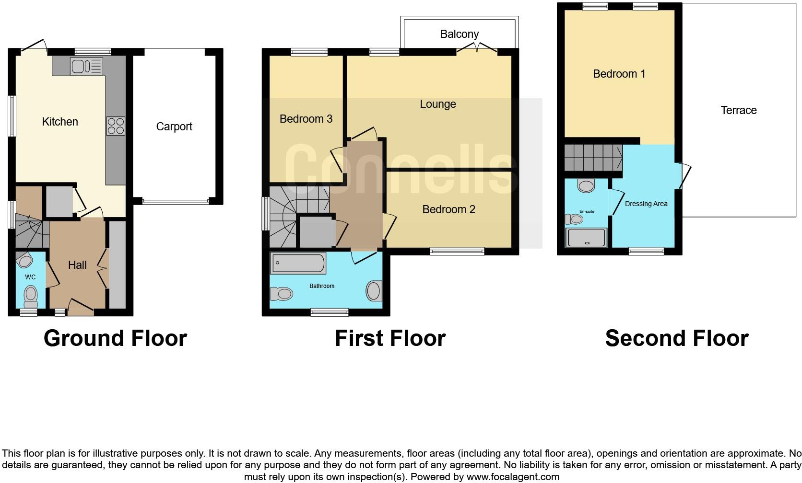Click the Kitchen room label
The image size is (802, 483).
pyautogui.click(x=60, y=122)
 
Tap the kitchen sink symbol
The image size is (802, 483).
pyautogui.click(x=86, y=66)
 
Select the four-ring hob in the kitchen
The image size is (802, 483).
pyautogui.click(x=116, y=126)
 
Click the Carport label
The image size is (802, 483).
pyautogui.click(x=174, y=126)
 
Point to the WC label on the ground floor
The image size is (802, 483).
pyautogui.click(x=30, y=277)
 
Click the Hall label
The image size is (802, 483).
pyautogui.click(x=77, y=265)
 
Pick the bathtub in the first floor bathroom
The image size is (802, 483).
pyautogui.click(x=298, y=264)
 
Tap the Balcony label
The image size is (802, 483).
pyautogui.click(x=460, y=34)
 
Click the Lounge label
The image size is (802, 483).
pyautogui.click(x=437, y=104)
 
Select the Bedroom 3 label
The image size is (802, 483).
pyautogui.click(x=306, y=119)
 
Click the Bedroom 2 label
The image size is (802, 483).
pyautogui.click(x=448, y=209)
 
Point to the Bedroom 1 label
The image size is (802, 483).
pyautogui.click(x=619, y=74)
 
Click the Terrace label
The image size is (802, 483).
pyautogui.click(x=738, y=110)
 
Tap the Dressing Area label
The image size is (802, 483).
pyautogui.click(x=646, y=204)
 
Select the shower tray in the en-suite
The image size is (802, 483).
pyautogui.click(x=587, y=237)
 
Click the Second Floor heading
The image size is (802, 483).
pyautogui.click(x=676, y=338)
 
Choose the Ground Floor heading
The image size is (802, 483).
pyautogui.click(x=115, y=338)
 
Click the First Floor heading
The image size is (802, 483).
pyautogui.click(x=390, y=338)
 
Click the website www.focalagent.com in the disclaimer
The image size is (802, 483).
pyautogui.click(x=512, y=477)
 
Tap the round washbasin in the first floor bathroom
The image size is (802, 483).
pyautogui.click(x=374, y=291)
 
